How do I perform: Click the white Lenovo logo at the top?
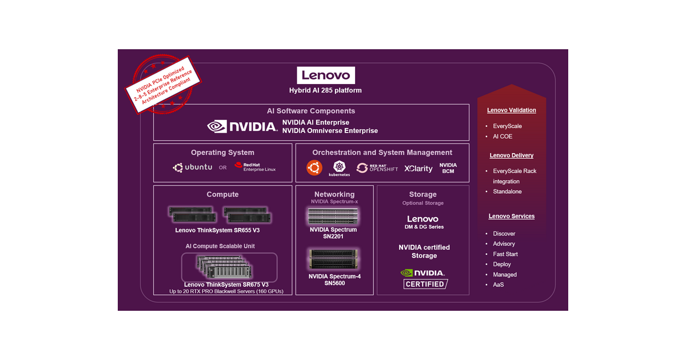[326, 75]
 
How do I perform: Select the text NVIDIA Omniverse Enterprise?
[330, 131]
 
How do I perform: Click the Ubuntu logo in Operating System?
[193, 167]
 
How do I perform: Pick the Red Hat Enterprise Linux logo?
[255, 167]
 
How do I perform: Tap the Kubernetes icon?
[339, 168]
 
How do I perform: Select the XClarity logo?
[418, 169]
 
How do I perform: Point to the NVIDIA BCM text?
[448, 168]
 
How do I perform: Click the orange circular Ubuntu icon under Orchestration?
[314, 167]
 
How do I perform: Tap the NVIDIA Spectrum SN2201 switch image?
[333, 216]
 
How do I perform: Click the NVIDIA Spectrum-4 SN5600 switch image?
[334, 259]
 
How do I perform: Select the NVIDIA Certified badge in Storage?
[424, 278]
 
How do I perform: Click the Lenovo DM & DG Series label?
[423, 222]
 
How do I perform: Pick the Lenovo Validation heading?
[512, 110]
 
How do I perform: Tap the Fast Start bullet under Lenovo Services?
[505, 254]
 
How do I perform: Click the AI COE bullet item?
[502, 137]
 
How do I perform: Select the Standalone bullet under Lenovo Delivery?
[507, 191]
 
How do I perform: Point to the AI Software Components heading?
[311, 111]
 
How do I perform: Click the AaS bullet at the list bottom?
[498, 285]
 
